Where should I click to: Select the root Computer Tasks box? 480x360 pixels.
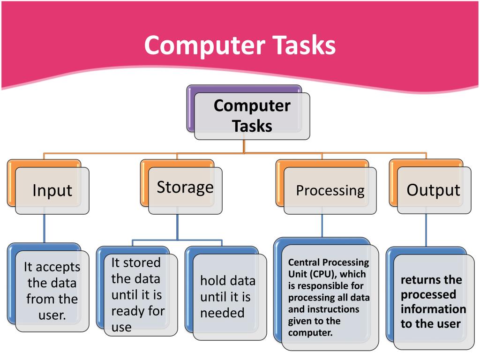[252, 116]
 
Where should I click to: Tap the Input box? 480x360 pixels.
[52, 190]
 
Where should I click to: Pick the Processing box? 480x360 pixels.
[330, 190]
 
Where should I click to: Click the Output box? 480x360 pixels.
[434, 190]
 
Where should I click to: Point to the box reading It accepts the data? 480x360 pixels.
[52, 291]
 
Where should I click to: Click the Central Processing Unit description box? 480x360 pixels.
[329, 298]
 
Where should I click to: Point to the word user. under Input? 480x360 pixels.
[52, 315]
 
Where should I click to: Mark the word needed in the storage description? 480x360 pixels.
[222, 313]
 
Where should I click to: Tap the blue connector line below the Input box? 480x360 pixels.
[45, 228]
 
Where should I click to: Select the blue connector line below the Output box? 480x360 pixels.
[426, 230]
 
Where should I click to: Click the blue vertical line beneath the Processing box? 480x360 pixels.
[322, 226]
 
